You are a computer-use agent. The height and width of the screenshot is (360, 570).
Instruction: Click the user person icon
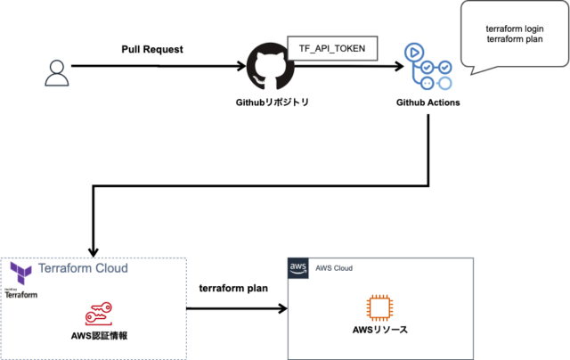click(x=56, y=72)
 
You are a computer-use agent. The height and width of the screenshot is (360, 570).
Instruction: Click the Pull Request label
click(x=151, y=49)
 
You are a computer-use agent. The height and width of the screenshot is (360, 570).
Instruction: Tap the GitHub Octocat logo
click(x=265, y=66)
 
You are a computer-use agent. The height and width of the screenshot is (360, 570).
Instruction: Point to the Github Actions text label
click(x=428, y=103)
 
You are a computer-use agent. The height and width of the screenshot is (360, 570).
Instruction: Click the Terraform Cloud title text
click(x=83, y=267)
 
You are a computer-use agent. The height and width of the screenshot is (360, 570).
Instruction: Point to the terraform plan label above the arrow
click(x=233, y=289)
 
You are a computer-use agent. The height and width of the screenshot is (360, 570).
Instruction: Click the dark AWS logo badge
click(x=297, y=267)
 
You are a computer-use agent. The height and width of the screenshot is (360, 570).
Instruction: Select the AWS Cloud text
click(x=330, y=267)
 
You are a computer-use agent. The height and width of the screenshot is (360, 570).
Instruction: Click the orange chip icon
click(x=380, y=307)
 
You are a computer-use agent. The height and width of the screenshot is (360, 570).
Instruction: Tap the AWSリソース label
click(x=380, y=331)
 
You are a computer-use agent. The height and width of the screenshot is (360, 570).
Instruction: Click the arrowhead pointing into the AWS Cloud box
click(x=283, y=309)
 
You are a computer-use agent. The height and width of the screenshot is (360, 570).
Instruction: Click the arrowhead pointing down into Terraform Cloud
click(x=94, y=252)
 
